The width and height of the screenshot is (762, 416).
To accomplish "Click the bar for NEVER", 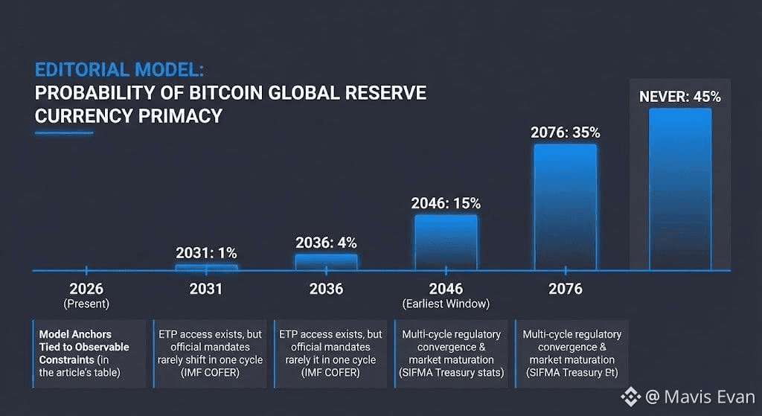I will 679,189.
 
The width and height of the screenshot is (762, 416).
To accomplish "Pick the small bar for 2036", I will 326,262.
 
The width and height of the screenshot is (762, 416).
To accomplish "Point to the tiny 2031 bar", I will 206,267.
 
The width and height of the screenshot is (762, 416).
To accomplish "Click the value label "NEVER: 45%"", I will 679,97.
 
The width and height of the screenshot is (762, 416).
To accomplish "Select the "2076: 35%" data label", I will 565,132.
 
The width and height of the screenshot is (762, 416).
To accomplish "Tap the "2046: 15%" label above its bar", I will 446,203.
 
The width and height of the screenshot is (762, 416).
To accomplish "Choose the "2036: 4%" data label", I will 326,243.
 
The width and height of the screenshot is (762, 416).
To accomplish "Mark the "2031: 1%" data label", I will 206,252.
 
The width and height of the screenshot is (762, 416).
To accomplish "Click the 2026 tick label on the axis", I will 86,289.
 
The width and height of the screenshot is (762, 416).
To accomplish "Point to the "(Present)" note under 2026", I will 86,304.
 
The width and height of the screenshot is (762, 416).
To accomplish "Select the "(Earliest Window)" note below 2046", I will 446,304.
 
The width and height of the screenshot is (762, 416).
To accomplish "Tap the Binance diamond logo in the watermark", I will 631,397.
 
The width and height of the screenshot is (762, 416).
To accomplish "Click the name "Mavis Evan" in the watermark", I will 703,397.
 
